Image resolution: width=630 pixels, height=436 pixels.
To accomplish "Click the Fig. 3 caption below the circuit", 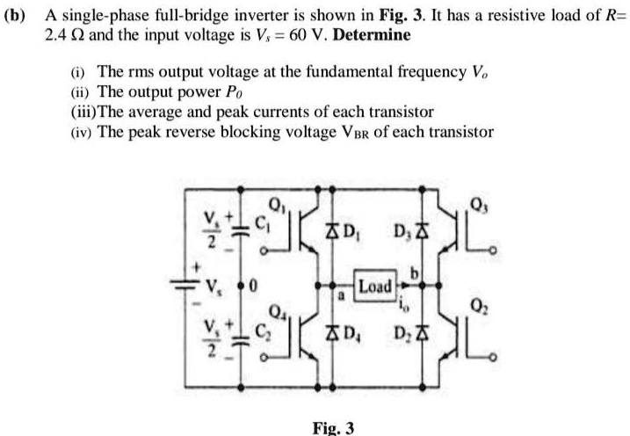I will [334, 427].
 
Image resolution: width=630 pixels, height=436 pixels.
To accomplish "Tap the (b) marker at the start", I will [18, 18].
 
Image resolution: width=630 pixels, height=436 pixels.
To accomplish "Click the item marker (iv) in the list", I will [78, 133].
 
